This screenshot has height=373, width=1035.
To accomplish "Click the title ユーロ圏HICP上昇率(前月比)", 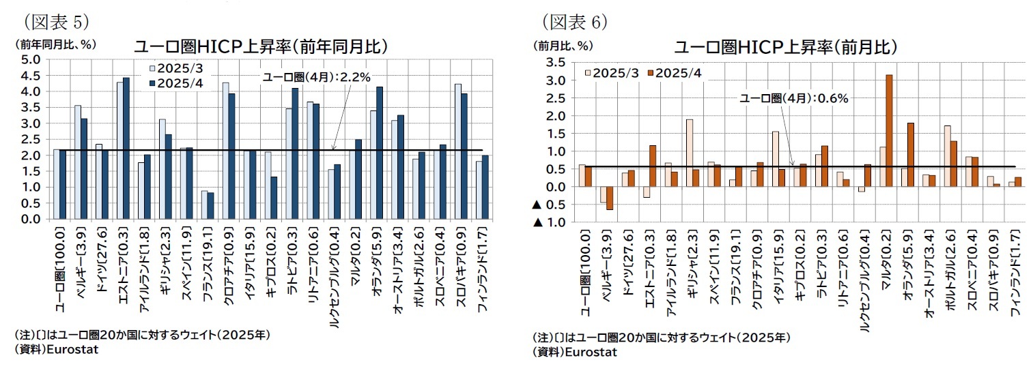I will pos(785,47).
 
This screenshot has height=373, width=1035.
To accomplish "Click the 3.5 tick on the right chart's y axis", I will pos(554,63).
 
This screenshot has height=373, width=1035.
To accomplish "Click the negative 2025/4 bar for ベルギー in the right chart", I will pos(610,198).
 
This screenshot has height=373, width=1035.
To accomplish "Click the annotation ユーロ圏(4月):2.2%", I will pos(316,77).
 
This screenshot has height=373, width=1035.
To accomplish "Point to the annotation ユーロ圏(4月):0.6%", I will pos(794,98).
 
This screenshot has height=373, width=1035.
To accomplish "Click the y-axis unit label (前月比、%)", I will pos(564,46).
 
